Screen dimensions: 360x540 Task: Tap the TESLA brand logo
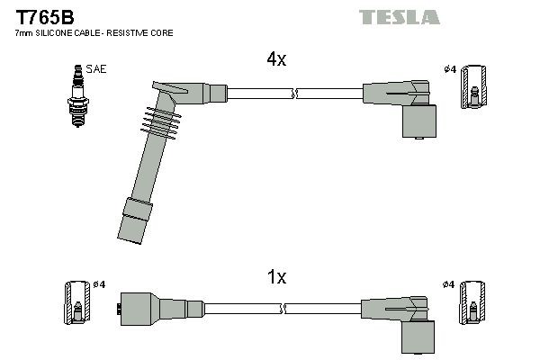coord(399,16)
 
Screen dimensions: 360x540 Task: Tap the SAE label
coord(95,68)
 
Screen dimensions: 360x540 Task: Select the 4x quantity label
coord(275,60)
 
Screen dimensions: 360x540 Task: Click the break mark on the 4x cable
coord(294,92)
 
